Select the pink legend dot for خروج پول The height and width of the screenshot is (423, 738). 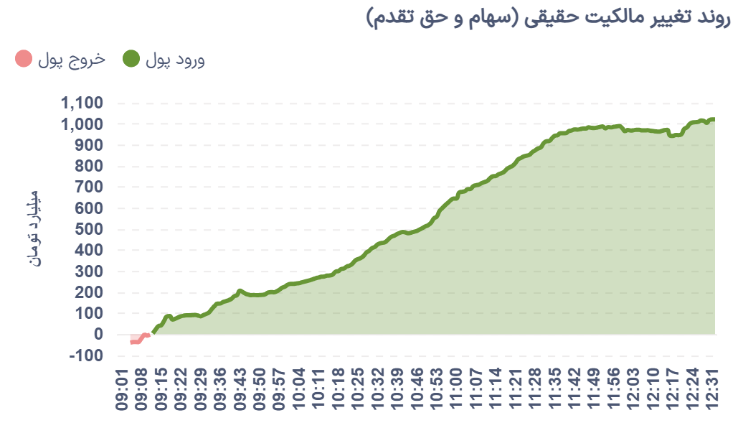tap(24, 60)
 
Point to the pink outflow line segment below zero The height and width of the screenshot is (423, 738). tap(137, 340)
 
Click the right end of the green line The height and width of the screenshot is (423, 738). tap(713, 119)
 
